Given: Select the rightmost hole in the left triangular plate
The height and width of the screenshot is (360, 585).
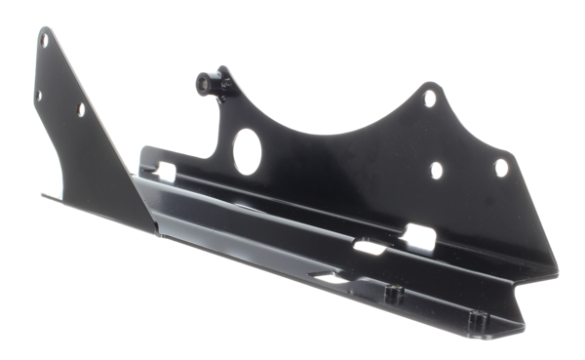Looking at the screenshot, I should pos(80,109).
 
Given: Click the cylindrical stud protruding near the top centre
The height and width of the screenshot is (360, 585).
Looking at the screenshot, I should pos(207,79).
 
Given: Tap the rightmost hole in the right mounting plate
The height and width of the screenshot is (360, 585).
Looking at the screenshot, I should pos(501,167).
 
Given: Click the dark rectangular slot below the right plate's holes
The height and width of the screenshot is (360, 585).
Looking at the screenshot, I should pos(424,234).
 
